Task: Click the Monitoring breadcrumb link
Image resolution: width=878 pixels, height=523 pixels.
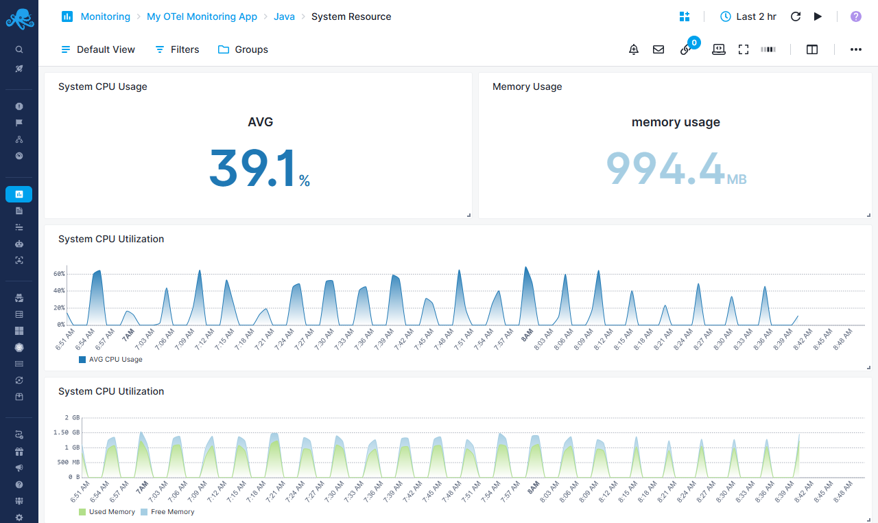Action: click(x=105, y=16)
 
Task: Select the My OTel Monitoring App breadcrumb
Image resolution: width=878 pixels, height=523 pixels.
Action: click(x=202, y=16)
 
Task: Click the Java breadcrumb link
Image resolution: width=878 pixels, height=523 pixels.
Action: click(x=284, y=16)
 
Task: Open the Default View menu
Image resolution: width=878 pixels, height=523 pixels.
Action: click(x=98, y=49)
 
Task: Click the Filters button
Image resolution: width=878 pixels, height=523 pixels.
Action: click(x=177, y=49)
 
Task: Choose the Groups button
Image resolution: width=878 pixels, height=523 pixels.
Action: click(x=244, y=49)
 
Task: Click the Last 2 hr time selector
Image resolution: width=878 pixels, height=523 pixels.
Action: click(x=748, y=16)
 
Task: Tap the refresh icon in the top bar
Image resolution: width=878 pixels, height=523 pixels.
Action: click(x=796, y=16)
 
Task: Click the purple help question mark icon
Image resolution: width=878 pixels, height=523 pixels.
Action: click(x=856, y=16)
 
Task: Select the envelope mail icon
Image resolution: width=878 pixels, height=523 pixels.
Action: click(x=658, y=49)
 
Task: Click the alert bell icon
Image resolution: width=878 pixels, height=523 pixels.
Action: click(x=634, y=49)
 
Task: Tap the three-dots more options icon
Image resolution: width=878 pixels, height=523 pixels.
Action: click(x=856, y=49)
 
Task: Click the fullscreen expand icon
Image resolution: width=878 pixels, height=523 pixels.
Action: click(x=744, y=49)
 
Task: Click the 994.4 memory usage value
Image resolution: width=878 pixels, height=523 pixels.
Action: click(x=665, y=168)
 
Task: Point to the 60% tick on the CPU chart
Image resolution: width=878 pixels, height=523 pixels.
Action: click(x=59, y=274)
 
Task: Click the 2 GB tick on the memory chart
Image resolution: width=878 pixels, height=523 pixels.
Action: click(x=72, y=417)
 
